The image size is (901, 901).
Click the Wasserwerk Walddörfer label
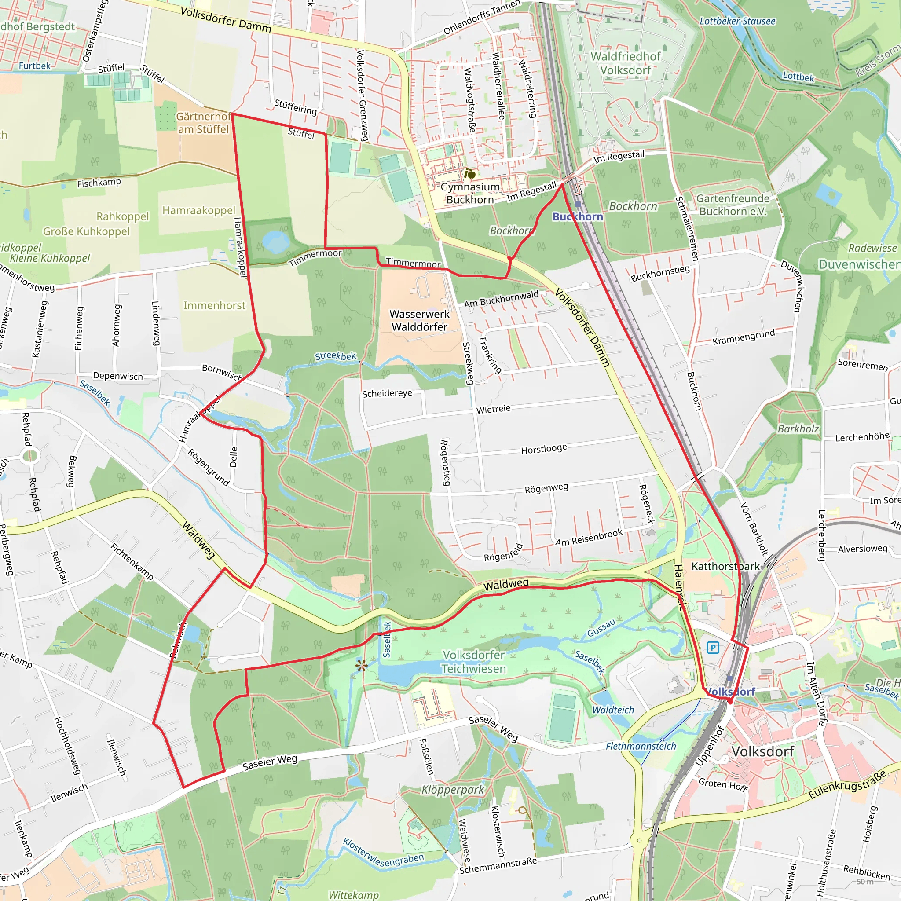click(x=419, y=320)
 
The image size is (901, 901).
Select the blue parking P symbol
click(x=713, y=647)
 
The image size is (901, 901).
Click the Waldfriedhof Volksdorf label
click(x=626, y=63)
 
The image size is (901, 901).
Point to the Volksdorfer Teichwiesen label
click(x=473, y=662)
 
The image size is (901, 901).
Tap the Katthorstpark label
click(x=725, y=566)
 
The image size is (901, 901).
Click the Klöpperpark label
click(x=453, y=790)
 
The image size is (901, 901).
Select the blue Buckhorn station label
click(x=577, y=216)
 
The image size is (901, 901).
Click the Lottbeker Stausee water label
click(x=737, y=21)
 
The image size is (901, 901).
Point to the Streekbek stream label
click(x=335, y=356)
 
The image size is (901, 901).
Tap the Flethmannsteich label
click(x=641, y=746)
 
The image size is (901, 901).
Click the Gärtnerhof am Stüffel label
click(x=203, y=123)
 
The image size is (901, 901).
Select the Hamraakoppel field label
click(x=199, y=210)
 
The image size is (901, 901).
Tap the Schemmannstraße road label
click(x=498, y=865)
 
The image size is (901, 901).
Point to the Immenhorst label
click(x=214, y=305)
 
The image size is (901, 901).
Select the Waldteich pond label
click(x=613, y=710)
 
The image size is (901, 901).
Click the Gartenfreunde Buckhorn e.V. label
click(x=733, y=205)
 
